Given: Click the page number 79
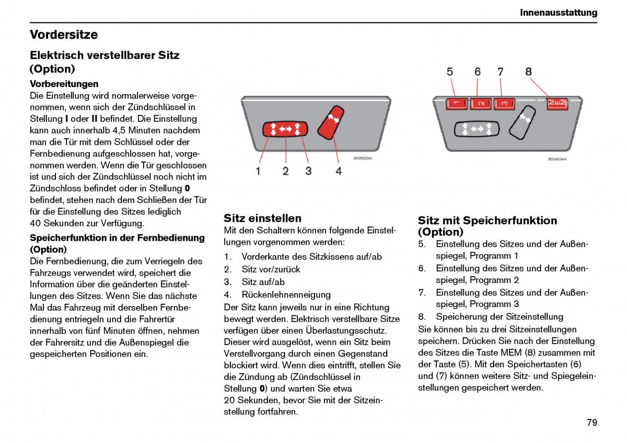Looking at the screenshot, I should coord(591,423).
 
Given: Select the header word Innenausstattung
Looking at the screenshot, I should coord(559,13).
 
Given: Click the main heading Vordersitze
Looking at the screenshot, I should coord(64,35).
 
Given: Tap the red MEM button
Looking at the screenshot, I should coord(556,103).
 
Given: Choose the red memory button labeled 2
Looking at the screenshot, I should coord(481,104).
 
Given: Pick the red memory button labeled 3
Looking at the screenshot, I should coord(504,104).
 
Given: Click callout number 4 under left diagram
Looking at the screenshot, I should coord(339,171).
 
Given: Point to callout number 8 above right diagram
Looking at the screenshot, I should coord(528,72).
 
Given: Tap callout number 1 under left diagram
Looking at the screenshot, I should coord(258,171).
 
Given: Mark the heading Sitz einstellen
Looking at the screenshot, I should coord(262,218).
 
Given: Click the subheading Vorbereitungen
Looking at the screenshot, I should coord(64,84).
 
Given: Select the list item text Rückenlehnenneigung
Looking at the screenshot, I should coord(286,294).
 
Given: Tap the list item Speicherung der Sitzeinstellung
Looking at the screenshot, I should coord(500,316).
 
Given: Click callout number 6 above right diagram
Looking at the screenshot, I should coord(478,72).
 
